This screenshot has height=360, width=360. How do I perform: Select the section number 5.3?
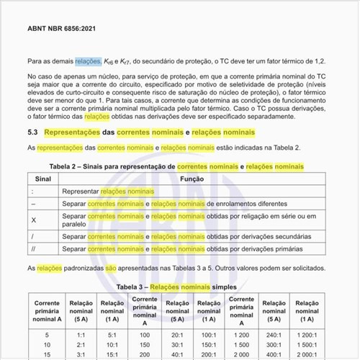tap(33, 133)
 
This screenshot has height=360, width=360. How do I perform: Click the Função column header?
tap(192, 179)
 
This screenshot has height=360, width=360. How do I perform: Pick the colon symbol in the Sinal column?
tap(34, 192)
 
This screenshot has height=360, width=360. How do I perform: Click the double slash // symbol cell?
tap(35, 248)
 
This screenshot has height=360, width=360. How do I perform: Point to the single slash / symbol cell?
tap(34, 235)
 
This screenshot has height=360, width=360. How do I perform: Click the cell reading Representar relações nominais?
tap(118, 192)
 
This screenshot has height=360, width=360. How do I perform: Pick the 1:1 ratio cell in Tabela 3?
tap(79, 335)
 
